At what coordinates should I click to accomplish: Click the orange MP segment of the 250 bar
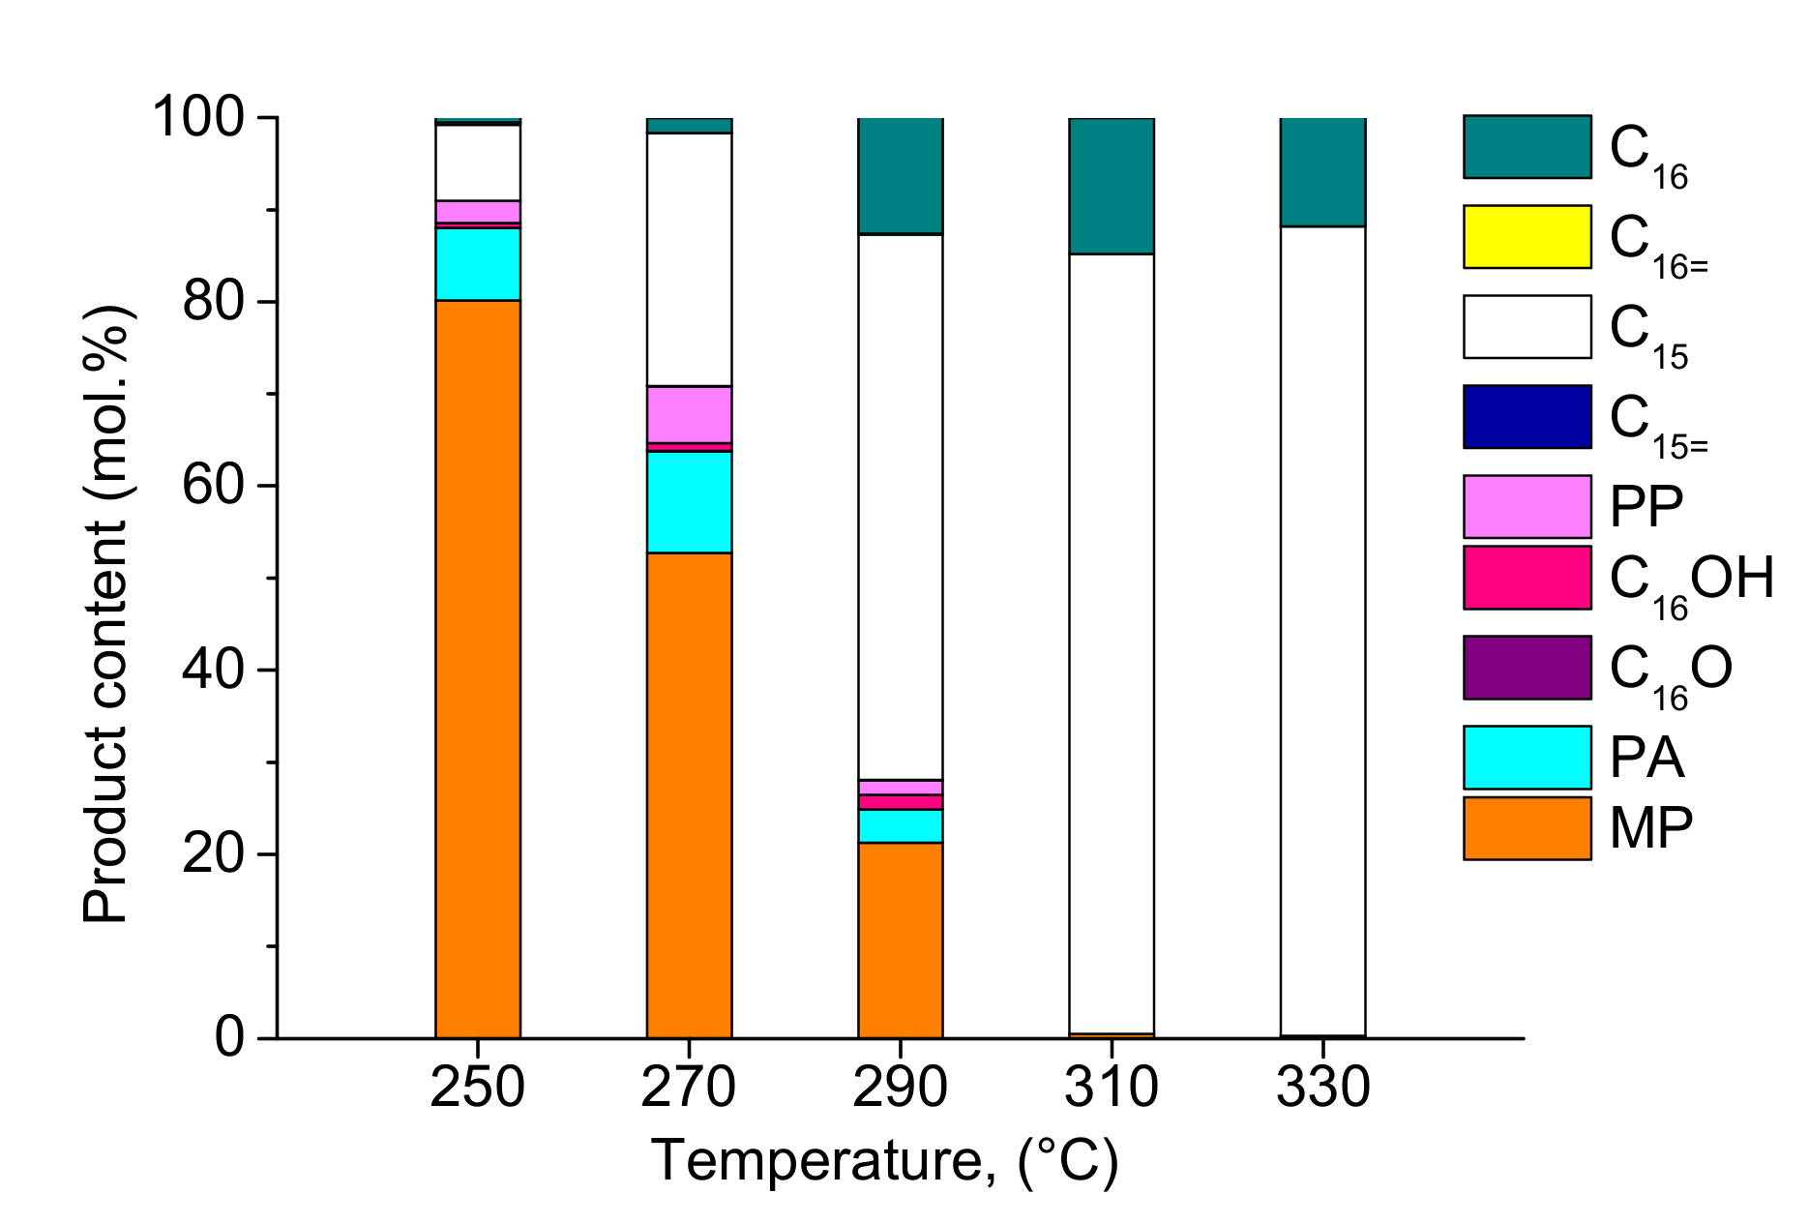click(478, 668)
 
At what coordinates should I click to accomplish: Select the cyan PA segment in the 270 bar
click(689, 501)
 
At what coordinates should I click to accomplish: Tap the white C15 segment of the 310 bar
click(1112, 643)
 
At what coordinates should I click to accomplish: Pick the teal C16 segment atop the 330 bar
click(1322, 171)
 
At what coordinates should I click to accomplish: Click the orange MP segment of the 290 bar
click(901, 940)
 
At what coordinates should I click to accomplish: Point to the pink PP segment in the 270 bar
click(689, 414)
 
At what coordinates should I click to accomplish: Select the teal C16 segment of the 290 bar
click(901, 175)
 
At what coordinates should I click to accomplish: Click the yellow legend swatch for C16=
click(1527, 236)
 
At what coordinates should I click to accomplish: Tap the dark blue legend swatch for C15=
click(1527, 417)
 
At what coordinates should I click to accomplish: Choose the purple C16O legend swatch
click(1527, 668)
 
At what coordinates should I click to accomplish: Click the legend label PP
click(1646, 506)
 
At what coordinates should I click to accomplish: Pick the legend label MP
click(1651, 828)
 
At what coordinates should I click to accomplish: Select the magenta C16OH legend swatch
click(1527, 578)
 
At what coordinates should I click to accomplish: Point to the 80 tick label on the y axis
click(212, 302)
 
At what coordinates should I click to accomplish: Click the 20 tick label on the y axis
click(212, 854)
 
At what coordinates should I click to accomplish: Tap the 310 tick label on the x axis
click(1112, 1088)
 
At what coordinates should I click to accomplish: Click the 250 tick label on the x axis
click(477, 1088)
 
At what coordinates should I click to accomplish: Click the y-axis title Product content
click(106, 614)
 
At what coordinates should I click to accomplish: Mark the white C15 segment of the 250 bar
click(478, 163)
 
